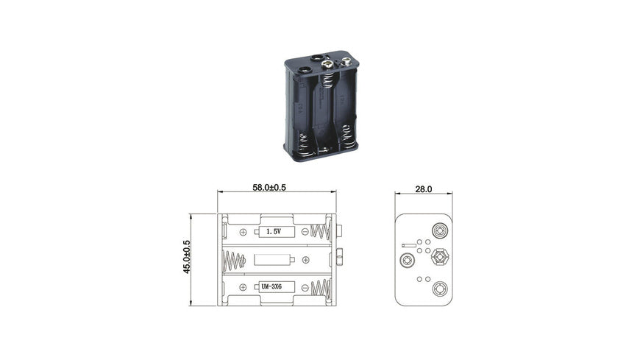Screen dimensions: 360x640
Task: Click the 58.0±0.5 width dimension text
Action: coord(269,188)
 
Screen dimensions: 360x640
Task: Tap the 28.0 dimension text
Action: coord(423,189)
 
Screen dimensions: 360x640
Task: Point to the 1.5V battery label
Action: coord(276,231)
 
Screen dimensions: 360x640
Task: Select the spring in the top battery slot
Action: coord(319,231)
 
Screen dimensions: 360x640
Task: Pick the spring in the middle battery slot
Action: coord(233,260)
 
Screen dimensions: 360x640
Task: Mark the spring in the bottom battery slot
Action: coord(319,288)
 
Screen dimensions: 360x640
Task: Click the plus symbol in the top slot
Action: coord(243,232)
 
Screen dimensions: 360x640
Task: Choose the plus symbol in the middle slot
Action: coord(305,260)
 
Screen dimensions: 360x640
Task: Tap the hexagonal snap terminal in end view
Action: coord(440,258)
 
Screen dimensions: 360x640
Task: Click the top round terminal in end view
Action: coord(440,231)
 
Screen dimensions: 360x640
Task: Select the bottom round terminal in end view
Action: coord(440,289)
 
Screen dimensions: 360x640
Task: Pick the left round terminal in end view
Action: coord(407,260)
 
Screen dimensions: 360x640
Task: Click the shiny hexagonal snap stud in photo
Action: coord(328,66)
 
